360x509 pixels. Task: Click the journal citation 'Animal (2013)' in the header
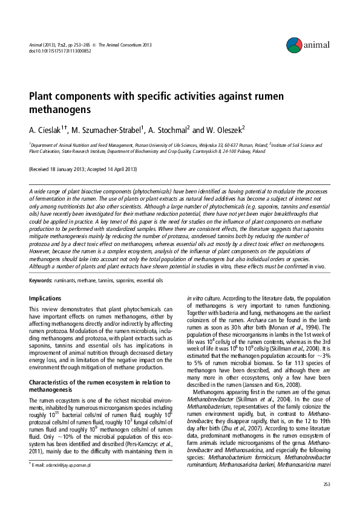click(x=41, y=45)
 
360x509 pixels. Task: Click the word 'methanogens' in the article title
click(x=60, y=111)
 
